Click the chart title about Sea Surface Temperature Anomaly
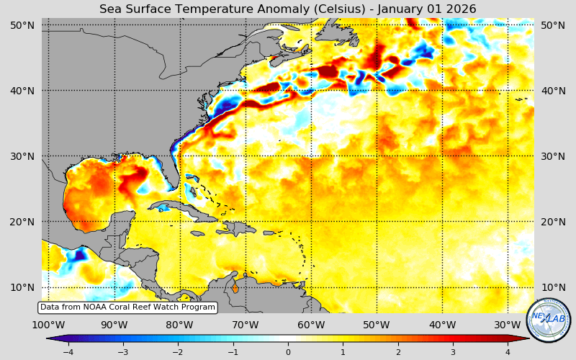(x=288, y=9)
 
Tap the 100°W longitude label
(x=49, y=325)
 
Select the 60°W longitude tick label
(x=311, y=325)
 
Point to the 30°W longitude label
(x=508, y=325)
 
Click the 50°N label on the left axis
(x=22, y=25)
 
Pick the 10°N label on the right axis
(x=553, y=287)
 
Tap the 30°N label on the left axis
(x=22, y=156)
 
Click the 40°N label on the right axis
(x=553, y=91)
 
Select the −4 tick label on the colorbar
(x=68, y=352)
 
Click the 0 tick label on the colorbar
(x=288, y=352)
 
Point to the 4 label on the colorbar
(x=508, y=352)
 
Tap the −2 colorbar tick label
(x=177, y=352)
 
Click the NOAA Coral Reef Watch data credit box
(x=127, y=307)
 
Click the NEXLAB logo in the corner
(x=549, y=320)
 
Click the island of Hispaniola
(x=234, y=228)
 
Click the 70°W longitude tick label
(x=246, y=325)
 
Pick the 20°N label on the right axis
(x=553, y=222)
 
